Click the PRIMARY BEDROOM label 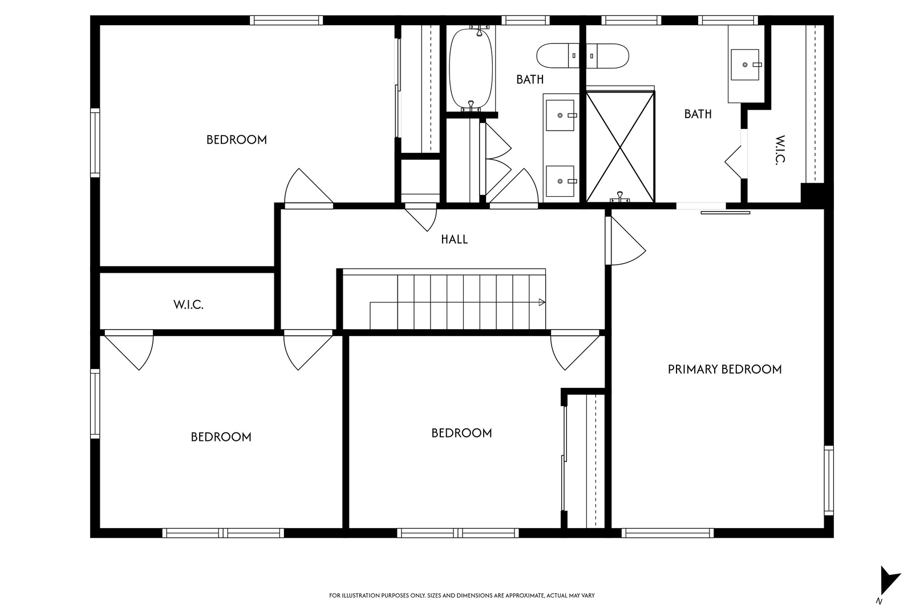coord(725,369)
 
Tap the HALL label coord(454,240)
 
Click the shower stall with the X coord(620,147)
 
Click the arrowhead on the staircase coord(542,302)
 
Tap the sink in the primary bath coord(745,65)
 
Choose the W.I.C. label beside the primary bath coord(780,150)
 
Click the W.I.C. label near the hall coord(189,305)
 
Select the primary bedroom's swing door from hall coord(625,241)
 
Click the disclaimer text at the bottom coord(461,595)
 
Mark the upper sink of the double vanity coord(560,116)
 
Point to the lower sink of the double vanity coord(560,181)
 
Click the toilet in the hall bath coord(558,56)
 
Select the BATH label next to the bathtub coord(530,79)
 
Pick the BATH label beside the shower coord(698,114)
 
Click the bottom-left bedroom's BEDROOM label coord(221,437)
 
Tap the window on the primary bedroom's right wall coord(829,481)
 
